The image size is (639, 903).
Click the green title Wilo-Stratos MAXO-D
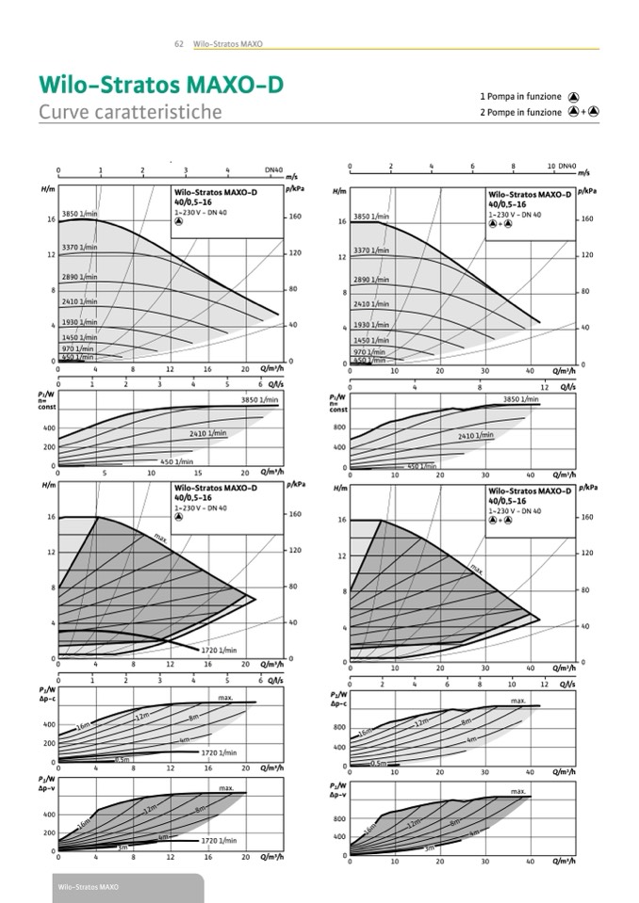click(x=160, y=85)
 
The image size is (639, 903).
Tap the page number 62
click(x=179, y=44)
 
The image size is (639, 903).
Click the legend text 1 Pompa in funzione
click(x=520, y=96)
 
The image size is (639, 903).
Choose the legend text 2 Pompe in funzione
click(x=520, y=112)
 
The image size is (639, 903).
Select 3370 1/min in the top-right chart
click(x=370, y=250)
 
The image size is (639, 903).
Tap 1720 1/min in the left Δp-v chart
click(x=219, y=840)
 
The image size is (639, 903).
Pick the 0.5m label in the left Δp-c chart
click(x=122, y=759)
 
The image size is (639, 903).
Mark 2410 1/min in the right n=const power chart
click(x=476, y=436)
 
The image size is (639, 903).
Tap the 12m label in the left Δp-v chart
click(x=149, y=809)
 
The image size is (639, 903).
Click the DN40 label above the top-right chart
click(x=567, y=166)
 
